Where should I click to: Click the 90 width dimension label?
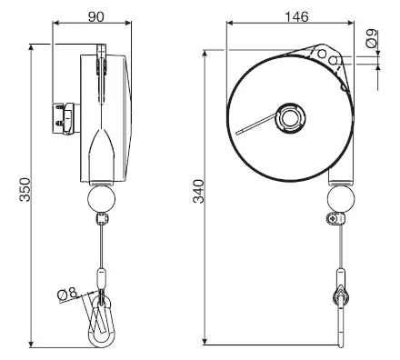point(96,16)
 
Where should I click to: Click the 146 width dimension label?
point(296,16)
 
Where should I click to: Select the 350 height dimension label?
point(25,190)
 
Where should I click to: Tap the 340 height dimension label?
point(199,191)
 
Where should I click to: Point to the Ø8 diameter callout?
point(67,294)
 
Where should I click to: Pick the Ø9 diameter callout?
point(372,38)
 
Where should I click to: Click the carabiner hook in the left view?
point(102,321)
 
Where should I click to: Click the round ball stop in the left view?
point(101,199)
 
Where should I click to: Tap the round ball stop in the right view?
point(341,199)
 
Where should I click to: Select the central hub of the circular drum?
point(290,117)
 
